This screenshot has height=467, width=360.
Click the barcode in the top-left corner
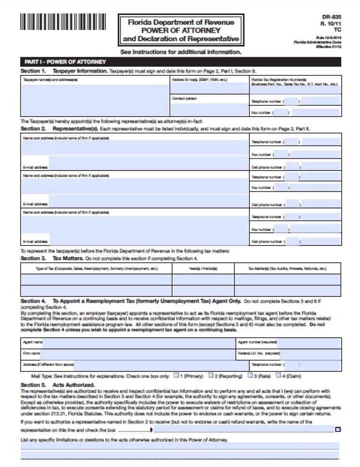click(x=63, y=22)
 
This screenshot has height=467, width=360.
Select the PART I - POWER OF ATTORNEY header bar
click(x=180, y=62)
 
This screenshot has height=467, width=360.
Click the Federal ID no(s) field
click(x=209, y=87)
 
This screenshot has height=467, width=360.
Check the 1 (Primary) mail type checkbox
click(x=176, y=375)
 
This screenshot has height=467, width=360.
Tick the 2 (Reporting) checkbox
click(x=211, y=375)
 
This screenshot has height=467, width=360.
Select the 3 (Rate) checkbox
click(x=250, y=375)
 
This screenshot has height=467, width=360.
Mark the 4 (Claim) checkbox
click(x=278, y=375)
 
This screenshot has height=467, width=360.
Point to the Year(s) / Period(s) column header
click(x=203, y=269)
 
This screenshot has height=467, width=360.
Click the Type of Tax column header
click(x=97, y=269)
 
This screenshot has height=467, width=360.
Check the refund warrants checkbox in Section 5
click(x=338, y=429)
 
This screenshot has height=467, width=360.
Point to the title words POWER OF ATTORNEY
click(x=181, y=30)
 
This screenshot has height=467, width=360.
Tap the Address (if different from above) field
click(x=155, y=364)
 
